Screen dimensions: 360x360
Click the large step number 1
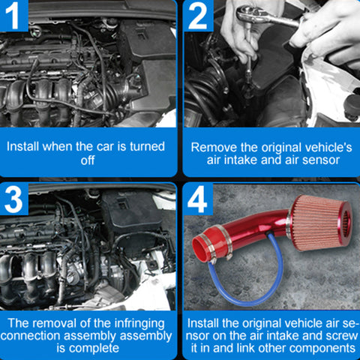click(13, 16)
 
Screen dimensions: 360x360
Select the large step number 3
click(13, 199)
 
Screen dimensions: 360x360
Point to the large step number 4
click(197, 199)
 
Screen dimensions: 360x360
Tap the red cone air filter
click(322, 223)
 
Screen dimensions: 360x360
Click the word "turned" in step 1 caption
click(147, 146)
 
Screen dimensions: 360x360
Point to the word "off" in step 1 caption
click(88, 160)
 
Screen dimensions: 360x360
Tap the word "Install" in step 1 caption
click(23, 146)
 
